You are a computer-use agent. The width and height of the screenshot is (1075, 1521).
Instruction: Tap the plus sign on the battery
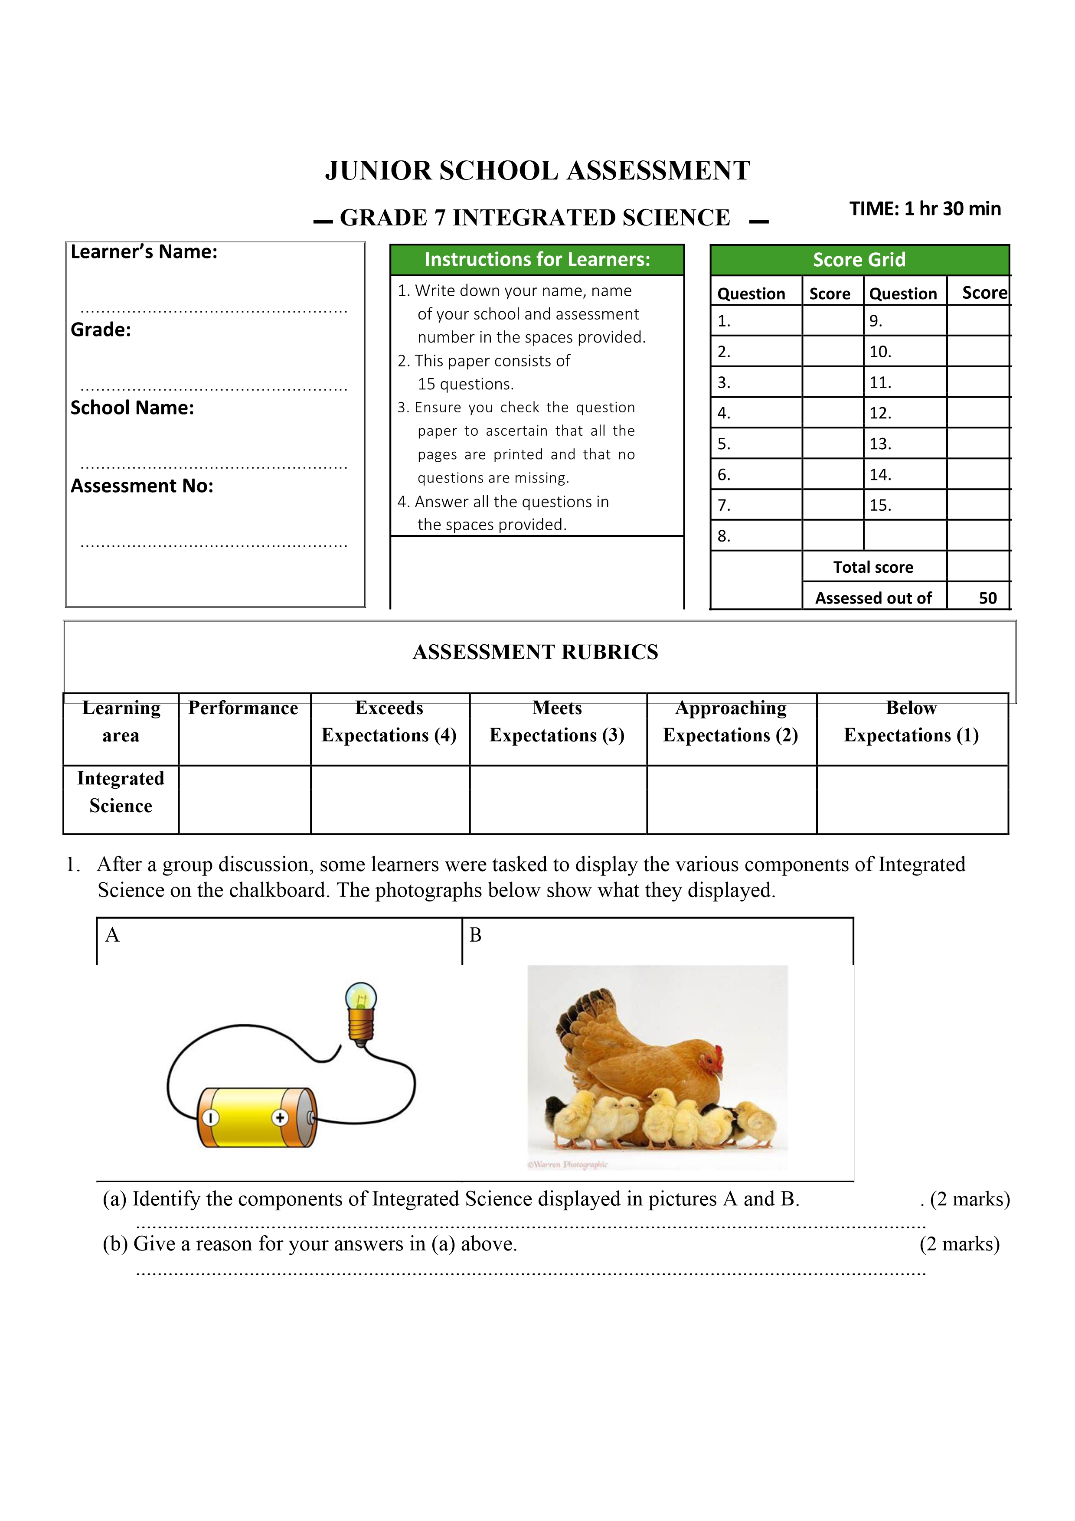point(280,1118)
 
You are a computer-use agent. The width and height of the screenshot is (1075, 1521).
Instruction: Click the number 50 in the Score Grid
point(987,598)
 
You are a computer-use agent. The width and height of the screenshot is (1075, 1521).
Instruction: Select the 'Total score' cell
point(873,567)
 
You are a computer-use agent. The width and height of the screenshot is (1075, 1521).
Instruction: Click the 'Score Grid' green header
point(859,260)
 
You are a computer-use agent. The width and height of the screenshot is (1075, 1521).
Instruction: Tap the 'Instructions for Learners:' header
point(537,260)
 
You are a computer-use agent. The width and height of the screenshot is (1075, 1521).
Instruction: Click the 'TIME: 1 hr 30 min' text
point(925,209)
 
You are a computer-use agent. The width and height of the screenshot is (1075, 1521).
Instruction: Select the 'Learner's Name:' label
point(144,252)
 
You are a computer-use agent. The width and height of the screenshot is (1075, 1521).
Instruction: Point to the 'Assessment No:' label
point(142,486)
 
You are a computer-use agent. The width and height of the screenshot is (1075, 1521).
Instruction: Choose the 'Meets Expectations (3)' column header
point(557,722)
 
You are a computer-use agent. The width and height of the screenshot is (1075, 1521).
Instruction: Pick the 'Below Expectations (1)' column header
point(912,722)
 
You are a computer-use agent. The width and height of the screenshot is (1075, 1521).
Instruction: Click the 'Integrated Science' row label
point(121,792)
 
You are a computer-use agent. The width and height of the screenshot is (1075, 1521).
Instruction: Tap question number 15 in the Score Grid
point(880,506)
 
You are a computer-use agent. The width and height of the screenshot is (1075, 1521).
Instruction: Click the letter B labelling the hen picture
point(476,935)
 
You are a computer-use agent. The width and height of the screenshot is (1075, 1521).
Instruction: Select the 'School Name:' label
point(132,408)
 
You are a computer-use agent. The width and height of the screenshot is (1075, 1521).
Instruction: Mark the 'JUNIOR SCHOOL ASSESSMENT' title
point(537,171)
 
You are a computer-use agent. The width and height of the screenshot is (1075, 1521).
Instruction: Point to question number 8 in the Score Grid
point(724,536)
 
